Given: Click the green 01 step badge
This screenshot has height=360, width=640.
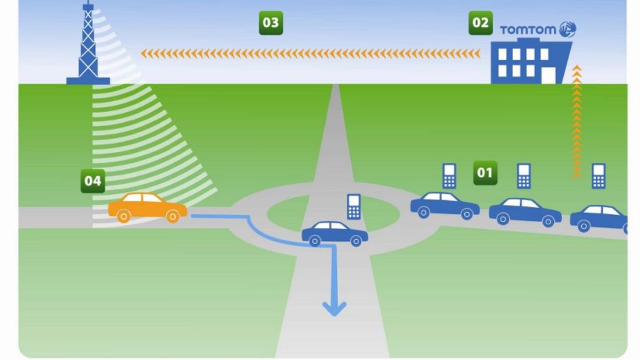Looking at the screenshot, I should [485, 173].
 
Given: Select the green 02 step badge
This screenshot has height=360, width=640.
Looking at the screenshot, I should [480, 23].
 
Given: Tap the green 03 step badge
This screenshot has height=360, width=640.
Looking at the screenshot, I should [271, 23].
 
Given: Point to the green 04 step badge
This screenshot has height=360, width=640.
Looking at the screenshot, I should [93, 181].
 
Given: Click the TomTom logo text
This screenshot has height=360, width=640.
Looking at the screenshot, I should [528, 30].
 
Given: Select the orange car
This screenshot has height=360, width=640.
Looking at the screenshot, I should [147, 207].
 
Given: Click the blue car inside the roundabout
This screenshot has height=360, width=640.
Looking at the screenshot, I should [335, 233].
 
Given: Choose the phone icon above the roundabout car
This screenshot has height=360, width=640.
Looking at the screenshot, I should [354, 206].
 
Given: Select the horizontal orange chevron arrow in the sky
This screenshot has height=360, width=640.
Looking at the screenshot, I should [311, 54].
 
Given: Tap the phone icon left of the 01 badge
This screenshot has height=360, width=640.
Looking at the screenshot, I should [449, 176].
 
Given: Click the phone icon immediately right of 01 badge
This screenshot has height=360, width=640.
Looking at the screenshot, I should [524, 176].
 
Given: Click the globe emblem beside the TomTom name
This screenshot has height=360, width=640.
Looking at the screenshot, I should [567, 29].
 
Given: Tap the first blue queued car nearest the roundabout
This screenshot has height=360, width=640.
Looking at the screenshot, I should [445, 205].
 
